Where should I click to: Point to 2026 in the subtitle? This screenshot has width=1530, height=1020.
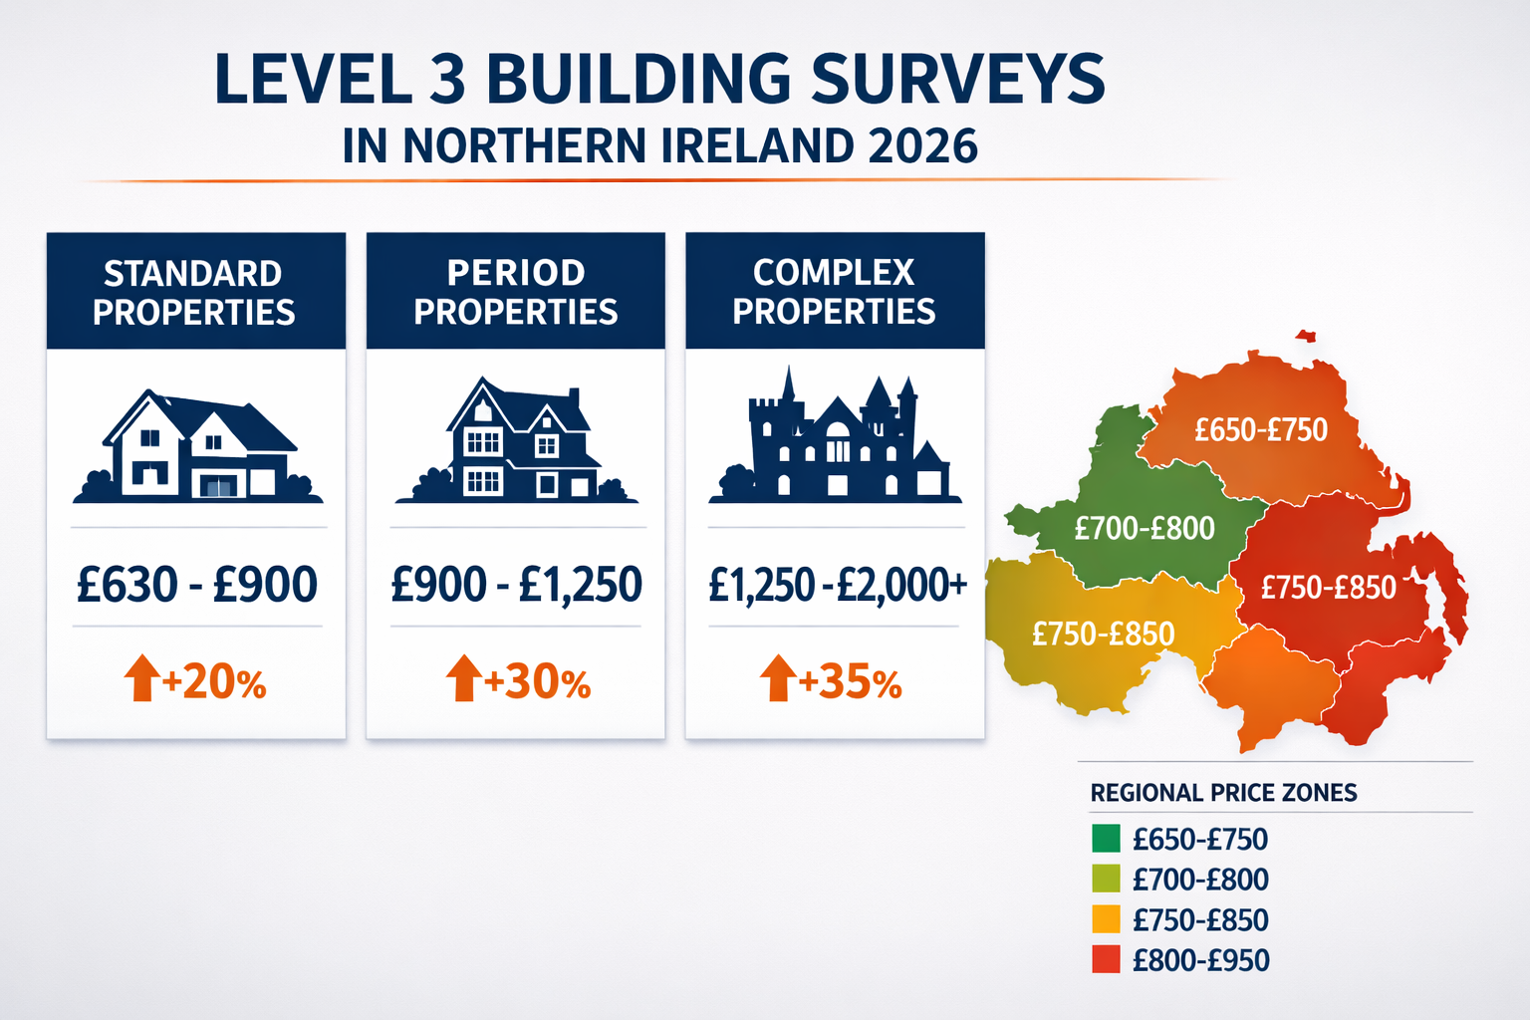click(x=922, y=146)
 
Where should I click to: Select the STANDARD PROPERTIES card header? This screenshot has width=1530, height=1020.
click(x=195, y=292)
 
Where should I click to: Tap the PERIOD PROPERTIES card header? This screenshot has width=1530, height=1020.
click(x=515, y=292)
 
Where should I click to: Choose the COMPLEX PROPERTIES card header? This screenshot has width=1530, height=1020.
click(x=835, y=292)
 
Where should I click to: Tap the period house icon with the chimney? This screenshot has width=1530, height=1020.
click(x=516, y=442)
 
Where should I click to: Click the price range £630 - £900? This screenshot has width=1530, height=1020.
click(x=197, y=585)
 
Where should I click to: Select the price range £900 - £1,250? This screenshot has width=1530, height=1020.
click(x=516, y=585)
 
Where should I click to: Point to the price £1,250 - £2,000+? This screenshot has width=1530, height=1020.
click(x=837, y=585)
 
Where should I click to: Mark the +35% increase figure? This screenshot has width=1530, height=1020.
click(x=850, y=683)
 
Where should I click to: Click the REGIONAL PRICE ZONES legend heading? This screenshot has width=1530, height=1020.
click(x=1223, y=793)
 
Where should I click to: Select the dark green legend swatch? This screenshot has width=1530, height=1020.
click(x=1106, y=839)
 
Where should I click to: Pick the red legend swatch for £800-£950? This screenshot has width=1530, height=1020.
click(x=1106, y=960)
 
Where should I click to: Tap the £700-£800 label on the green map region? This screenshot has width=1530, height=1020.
click(x=1145, y=528)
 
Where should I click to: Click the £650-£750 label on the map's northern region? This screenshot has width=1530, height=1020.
click(x=1261, y=430)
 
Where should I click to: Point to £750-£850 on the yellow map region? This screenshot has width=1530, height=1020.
click(x=1103, y=634)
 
